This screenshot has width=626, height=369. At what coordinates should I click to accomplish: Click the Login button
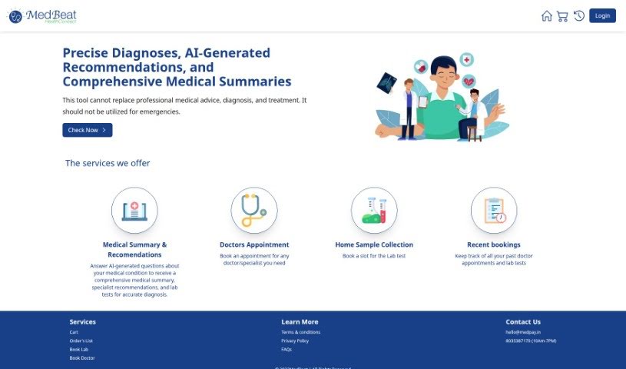point(602,15)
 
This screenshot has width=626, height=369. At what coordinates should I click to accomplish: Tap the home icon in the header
point(547,15)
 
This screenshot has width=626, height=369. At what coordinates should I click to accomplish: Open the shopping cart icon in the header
point(563,15)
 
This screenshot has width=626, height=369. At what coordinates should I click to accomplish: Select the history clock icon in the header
point(579,15)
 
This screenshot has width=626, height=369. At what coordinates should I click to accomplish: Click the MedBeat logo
point(42,15)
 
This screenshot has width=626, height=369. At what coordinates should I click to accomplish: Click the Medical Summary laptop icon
point(134,210)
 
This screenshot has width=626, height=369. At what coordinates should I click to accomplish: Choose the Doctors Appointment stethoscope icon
point(254,210)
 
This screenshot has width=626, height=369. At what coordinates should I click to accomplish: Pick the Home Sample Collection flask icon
point(374,210)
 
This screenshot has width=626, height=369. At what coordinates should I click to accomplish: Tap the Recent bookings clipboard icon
point(494,210)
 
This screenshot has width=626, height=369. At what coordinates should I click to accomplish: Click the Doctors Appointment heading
point(254,244)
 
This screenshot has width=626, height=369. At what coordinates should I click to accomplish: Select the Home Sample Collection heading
point(374,244)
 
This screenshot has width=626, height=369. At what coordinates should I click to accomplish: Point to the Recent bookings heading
point(494,244)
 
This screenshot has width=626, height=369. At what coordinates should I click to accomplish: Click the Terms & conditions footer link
point(301,332)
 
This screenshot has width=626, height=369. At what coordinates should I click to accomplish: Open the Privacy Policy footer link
point(295,341)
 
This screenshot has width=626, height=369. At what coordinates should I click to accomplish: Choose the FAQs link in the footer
point(287,349)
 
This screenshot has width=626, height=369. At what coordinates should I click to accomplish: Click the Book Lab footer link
point(79,349)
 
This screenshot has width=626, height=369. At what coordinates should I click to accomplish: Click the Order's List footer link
point(81,341)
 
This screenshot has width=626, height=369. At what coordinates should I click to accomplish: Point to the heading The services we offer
point(108,163)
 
